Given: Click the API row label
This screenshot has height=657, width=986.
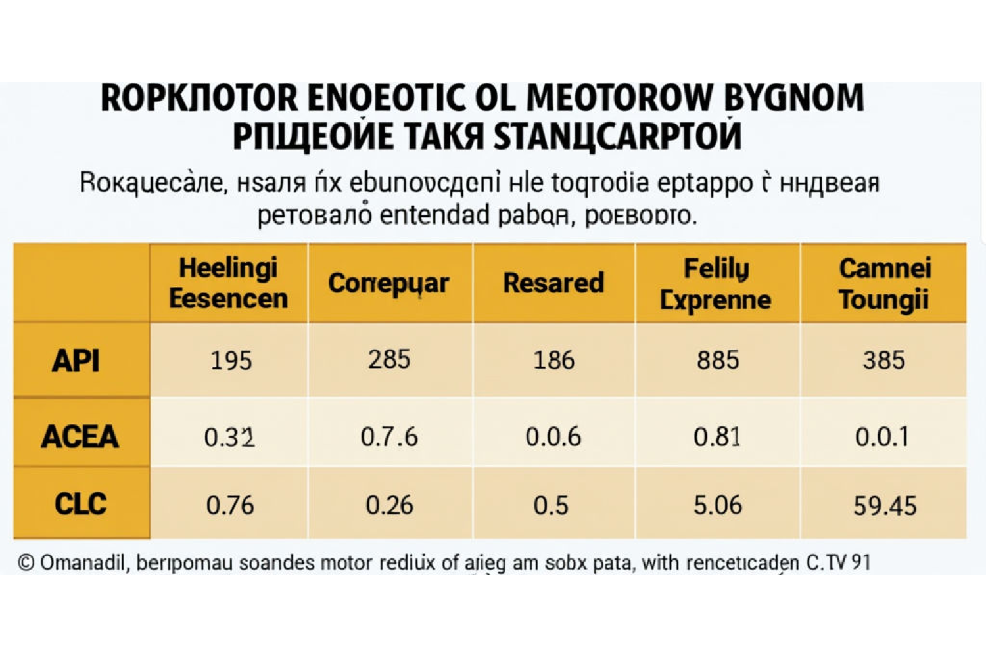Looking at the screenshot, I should [76, 360].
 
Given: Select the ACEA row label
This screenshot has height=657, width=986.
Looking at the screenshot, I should [80, 436].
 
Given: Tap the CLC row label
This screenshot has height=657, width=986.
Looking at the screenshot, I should [80, 505].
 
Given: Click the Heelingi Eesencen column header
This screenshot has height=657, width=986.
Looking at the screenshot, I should [228, 283].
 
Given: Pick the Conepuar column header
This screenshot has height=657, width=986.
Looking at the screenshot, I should [388, 283].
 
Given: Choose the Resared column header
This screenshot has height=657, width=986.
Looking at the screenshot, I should [553, 283].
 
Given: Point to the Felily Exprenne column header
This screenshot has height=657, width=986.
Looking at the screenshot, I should [716, 284].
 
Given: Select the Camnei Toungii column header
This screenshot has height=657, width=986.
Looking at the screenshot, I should [884, 284].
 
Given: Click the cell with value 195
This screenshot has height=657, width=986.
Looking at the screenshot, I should [231, 361].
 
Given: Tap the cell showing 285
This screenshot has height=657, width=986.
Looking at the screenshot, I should [389, 359].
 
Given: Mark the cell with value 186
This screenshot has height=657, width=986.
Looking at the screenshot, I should [554, 360].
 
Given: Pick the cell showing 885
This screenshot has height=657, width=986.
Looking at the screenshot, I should [718, 360].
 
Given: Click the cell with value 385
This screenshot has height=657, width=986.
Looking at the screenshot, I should [884, 360].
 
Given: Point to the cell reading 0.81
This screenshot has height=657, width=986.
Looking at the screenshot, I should [717, 436].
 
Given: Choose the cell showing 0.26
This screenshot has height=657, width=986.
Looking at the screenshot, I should [389, 505].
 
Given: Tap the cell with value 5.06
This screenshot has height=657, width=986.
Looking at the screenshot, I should [718, 505].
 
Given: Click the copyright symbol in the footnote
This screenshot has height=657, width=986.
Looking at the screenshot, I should [26, 563].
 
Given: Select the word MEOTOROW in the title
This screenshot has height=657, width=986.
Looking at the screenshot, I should [620, 98].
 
